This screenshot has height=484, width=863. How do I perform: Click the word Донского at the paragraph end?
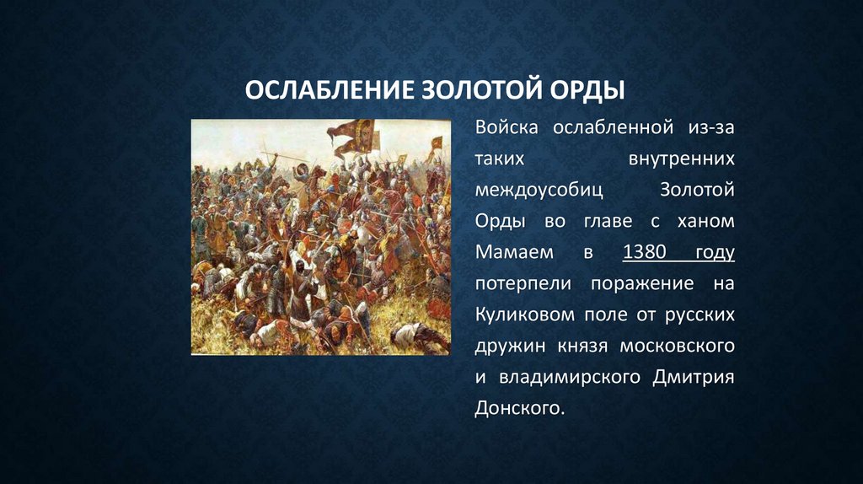tap(517, 409)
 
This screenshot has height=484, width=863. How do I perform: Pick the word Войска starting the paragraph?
tap(507, 128)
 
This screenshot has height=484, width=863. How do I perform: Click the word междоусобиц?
tap(539, 191)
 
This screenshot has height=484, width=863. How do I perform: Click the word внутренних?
tap(682, 159)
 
